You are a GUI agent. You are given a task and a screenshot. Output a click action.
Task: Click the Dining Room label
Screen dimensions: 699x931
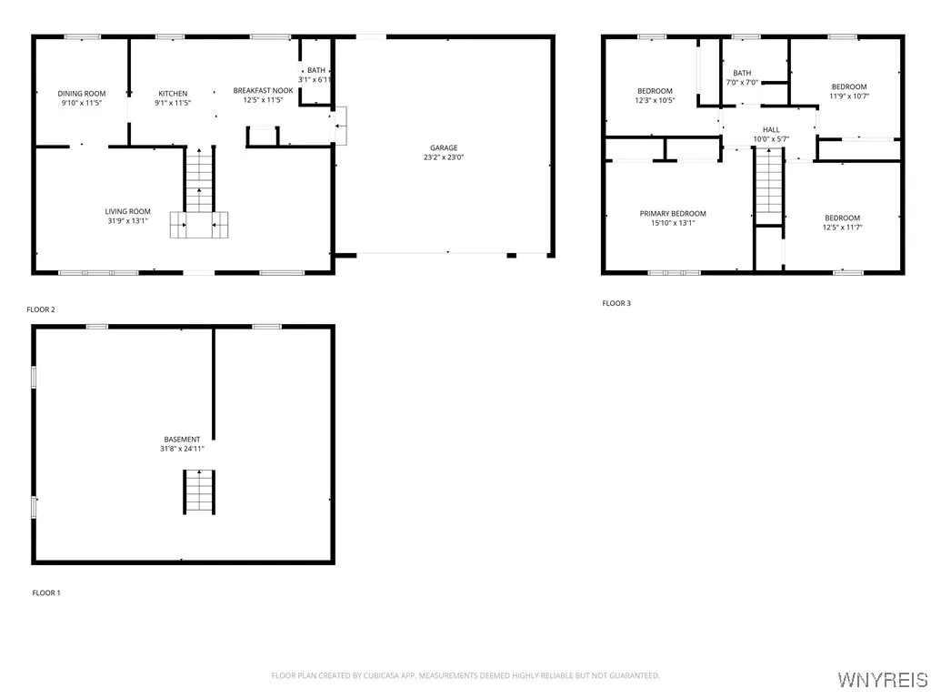82,94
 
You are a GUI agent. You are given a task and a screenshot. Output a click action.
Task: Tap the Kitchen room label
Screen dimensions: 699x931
173,94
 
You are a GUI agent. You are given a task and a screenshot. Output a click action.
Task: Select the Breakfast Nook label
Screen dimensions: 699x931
263,90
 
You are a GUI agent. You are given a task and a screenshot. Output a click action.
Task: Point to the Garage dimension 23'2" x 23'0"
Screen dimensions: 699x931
444,157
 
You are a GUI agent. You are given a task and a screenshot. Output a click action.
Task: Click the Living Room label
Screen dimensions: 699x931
127,211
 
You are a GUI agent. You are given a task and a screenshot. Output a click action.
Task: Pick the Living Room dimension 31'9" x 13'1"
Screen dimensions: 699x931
127,220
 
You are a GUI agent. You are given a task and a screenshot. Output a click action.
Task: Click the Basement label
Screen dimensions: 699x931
182,439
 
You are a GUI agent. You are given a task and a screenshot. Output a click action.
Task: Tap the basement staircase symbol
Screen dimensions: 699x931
199,491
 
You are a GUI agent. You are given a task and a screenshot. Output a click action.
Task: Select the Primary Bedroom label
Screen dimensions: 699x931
673,214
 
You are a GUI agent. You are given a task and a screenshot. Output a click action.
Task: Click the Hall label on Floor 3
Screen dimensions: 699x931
771,130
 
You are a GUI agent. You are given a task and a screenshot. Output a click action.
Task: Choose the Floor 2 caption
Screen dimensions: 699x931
41,309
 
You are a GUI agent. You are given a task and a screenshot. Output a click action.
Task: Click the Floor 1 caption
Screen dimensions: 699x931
46,593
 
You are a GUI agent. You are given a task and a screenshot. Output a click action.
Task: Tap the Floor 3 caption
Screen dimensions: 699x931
616,303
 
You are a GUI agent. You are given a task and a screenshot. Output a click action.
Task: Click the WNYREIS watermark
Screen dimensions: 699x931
882,680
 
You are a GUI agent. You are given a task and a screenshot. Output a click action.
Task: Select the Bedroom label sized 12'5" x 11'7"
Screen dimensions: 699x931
842,218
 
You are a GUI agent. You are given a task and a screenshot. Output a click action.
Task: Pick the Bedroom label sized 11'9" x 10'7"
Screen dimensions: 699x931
849,86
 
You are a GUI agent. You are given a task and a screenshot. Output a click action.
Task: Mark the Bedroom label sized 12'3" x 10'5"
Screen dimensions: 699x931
655,90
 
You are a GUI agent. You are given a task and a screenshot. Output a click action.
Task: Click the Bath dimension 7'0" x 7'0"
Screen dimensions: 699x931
742,83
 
